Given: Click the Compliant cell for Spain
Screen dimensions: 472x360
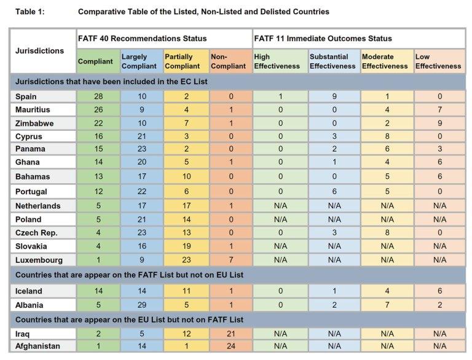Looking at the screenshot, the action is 98,96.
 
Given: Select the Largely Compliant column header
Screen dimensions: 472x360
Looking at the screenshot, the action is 139,61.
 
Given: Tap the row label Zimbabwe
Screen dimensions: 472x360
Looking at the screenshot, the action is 34,123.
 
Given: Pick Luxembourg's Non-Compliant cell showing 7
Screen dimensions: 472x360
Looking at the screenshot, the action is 231,260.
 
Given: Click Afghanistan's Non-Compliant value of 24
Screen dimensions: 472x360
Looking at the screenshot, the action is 231,346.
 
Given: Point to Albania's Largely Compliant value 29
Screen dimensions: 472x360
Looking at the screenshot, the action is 142,305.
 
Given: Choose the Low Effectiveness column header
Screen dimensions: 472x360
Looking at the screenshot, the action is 438,61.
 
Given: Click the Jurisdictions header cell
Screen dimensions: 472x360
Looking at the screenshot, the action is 39,50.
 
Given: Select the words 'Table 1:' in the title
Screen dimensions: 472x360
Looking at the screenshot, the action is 29,12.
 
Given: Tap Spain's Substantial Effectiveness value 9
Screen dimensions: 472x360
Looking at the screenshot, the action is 334,96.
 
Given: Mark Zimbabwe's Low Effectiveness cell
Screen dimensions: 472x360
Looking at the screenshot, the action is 440,123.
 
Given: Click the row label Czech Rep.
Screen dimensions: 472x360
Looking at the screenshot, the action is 36,233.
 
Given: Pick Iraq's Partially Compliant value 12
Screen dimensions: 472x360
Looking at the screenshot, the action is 186,334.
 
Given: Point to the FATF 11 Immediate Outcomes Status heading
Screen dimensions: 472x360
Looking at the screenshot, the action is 323,39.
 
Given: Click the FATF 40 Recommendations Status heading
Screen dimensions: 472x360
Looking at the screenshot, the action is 143,39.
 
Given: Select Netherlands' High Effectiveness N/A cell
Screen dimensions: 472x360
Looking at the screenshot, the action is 280,206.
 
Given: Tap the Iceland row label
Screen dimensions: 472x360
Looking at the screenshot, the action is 29,291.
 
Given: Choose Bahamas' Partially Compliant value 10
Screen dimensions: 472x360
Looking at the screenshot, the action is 186,176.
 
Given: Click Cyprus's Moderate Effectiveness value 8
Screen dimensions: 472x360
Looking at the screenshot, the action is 387,136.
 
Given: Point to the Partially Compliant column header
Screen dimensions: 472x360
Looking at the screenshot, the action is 183,61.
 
